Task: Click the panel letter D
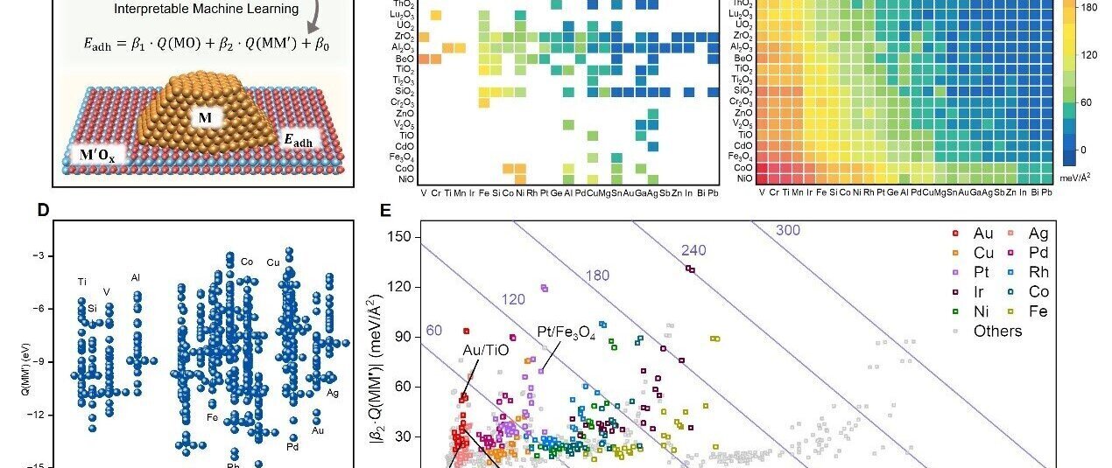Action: coord(43,210)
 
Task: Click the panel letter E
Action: coord(386,210)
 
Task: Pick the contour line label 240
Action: coord(693,250)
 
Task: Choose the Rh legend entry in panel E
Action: coord(1038,272)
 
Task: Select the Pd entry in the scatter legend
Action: coord(1038,253)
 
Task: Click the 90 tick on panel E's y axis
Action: coord(403,337)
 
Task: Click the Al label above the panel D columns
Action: coord(136,277)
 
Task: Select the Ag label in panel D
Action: coord(333,394)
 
